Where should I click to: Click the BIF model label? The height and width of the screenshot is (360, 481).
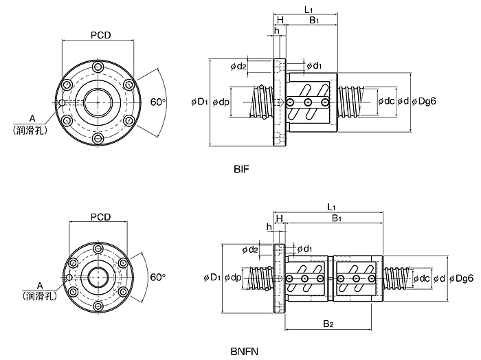(241, 169)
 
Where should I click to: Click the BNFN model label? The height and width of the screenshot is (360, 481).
(244, 351)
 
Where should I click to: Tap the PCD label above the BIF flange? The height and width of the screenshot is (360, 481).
(100, 35)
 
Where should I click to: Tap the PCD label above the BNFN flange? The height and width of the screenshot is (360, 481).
(100, 217)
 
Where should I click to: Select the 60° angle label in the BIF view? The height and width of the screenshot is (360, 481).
(158, 102)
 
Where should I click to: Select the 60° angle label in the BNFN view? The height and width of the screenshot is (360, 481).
(158, 277)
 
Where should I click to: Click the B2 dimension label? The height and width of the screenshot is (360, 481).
(328, 324)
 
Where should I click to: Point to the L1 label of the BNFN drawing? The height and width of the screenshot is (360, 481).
(331, 207)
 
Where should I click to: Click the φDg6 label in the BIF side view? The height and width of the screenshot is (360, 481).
(424, 101)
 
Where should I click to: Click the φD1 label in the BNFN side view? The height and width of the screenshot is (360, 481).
(212, 278)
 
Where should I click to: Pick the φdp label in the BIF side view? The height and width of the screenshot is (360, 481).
(221, 102)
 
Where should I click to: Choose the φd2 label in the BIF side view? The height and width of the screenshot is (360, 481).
(238, 66)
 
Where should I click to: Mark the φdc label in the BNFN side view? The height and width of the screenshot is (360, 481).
(421, 278)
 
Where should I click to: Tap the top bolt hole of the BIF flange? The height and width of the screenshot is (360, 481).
(98, 67)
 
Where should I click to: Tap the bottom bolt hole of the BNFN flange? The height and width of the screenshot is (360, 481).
(98, 306)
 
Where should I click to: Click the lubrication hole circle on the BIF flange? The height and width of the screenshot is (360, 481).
(62, 103)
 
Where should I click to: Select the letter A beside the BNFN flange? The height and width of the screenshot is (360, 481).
(40, 286)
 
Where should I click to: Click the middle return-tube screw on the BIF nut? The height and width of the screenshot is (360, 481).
(309, 102)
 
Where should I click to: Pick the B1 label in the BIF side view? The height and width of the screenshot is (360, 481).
(314, 20)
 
